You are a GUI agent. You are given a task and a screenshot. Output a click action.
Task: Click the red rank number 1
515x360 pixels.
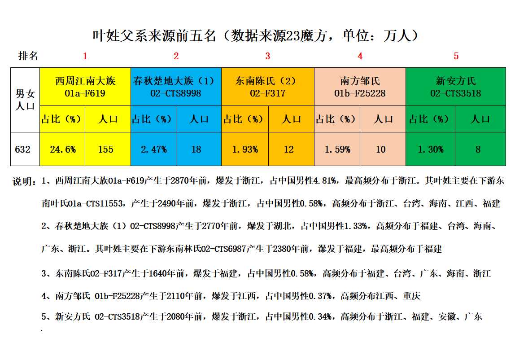(x=85, y=56)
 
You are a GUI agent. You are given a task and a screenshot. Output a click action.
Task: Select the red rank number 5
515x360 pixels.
(x=456, y=56)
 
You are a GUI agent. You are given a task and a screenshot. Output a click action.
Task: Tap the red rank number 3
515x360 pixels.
(x=268, y=56)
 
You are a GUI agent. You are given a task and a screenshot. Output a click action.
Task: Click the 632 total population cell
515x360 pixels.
(x=23, y=149)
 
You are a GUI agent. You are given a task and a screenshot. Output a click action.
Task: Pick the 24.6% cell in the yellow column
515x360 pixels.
(x=63, y=149)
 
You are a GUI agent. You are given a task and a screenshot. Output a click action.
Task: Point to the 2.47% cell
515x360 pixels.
(x=153, y=149)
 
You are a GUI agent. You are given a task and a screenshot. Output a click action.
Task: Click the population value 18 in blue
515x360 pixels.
(x=196, y=149)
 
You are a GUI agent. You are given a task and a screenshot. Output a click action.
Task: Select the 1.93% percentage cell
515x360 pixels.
(x=245, y=149)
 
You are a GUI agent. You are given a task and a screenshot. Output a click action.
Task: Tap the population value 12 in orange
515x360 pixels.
(x=289, y=149)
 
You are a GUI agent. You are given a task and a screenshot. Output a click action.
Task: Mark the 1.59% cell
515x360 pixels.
(x=337, y=149)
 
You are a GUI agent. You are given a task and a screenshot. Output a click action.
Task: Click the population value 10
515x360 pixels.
(x=381, y=149)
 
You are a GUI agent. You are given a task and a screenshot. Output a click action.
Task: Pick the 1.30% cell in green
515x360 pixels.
(x=430, y=149)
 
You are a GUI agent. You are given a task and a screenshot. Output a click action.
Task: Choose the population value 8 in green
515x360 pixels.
(x=478, y=149)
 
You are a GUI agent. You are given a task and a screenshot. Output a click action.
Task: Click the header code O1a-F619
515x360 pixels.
(x=85, y=93)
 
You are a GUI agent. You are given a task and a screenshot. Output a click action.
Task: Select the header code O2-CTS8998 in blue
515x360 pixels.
(x=176, y=93)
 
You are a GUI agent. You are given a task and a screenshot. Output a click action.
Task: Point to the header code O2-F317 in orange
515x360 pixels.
(x=268, y=93)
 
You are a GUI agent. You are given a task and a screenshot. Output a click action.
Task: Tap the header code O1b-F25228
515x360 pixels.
(x=360, y=93)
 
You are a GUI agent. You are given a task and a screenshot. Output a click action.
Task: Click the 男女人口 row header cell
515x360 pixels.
(x=25, y=100)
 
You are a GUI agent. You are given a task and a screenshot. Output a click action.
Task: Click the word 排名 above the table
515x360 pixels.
(x=28, y=56)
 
